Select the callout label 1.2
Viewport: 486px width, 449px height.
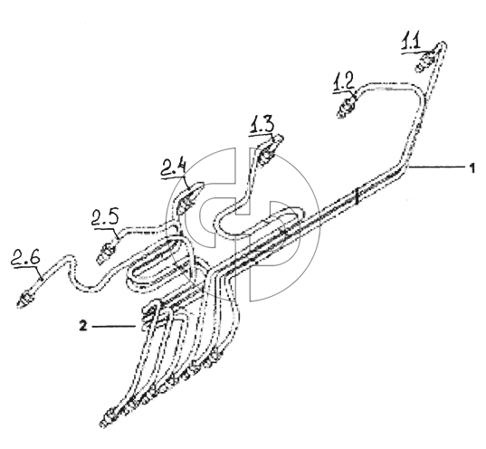click(343, 82)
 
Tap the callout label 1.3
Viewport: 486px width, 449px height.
click(262, 125)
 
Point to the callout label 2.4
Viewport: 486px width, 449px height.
click(174, 168)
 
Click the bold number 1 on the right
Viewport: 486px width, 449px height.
click(472, 168)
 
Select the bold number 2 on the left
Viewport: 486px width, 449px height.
click(83, 326)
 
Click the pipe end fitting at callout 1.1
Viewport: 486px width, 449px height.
click(424, 62)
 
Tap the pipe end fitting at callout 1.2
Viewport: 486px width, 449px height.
click(347, 108)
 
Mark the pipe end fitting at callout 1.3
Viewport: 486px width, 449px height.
click(266, 155)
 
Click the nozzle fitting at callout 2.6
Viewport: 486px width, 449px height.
click(26, 299)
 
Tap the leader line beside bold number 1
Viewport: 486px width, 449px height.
click(438, 167)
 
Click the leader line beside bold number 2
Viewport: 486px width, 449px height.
click(114, 326)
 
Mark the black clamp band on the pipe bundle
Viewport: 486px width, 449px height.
click(357, 196)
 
